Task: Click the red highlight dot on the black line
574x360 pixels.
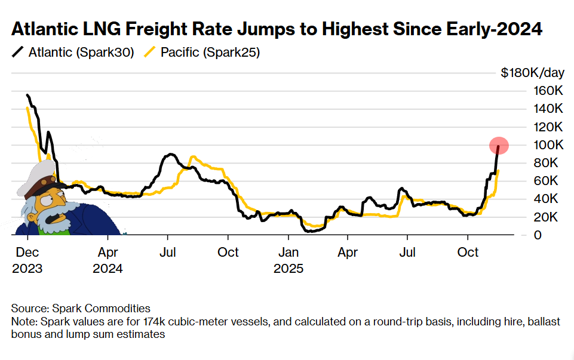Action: pyautogui.click(x=499, y=146)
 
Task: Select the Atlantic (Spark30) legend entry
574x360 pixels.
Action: pyautogui.click(x=73, y=53)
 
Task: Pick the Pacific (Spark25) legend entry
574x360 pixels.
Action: pyautogui.click(x=202, y=53)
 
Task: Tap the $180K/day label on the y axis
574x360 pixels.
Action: pyautogui.click(x=532, y=72)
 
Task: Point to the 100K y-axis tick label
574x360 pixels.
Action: pyautogui.click(x=548, y=145)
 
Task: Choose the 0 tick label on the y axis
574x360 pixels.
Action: pyautogui.click(x=538, y=235)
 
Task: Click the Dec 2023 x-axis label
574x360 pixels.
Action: pyautogui.click(x=27, y=260)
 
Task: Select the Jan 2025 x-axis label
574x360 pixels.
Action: pyautogui.click(x=288, y=260)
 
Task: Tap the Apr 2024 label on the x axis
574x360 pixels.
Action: pyautogui.click(x=108, y=260)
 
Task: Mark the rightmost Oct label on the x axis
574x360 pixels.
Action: pyautogui.click(x=468, y=252)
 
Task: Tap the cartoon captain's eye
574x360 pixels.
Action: pyautogui.click(x=45, y=200)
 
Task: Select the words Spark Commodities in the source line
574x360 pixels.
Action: pyautogui.click(x=102, y=309)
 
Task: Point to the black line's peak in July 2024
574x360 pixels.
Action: pyautogui.click(x=170, y=154)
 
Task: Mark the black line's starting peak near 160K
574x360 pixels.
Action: pyautogui.click(x=27, y=95)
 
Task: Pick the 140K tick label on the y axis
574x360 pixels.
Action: pyautogui.click(x=548, y=109)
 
